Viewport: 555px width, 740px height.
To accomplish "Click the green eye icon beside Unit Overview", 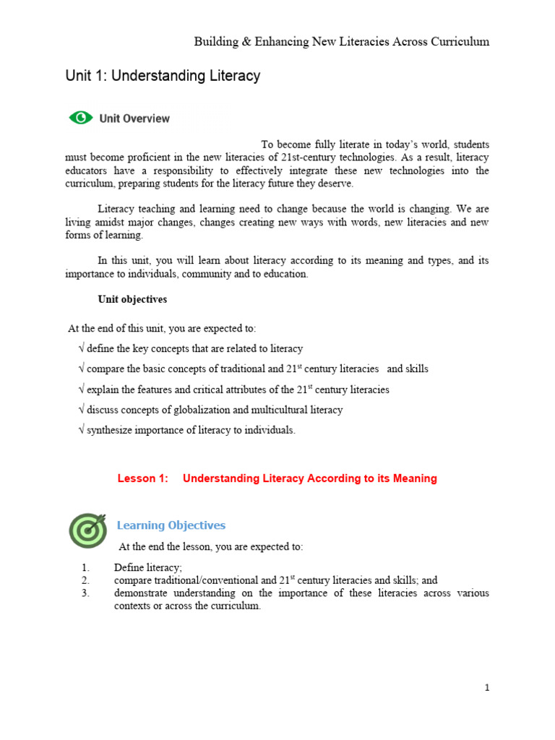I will coord(81,118).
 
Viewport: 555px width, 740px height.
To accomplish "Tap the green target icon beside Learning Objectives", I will coord(87,530).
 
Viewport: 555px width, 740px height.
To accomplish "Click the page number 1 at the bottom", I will coord(487,687).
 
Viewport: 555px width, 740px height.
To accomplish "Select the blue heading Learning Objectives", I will coord(171,525).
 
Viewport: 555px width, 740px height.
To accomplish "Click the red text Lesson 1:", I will coord(142,478).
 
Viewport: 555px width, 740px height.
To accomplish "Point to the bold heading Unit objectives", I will coord(132,299).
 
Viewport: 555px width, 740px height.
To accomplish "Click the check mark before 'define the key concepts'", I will coord(81,348).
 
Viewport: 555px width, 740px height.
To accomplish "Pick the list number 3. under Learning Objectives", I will coord(85,593).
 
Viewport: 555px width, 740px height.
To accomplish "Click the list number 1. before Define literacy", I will coord(85,567).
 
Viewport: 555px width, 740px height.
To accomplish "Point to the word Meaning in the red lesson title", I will coord(416,478).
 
